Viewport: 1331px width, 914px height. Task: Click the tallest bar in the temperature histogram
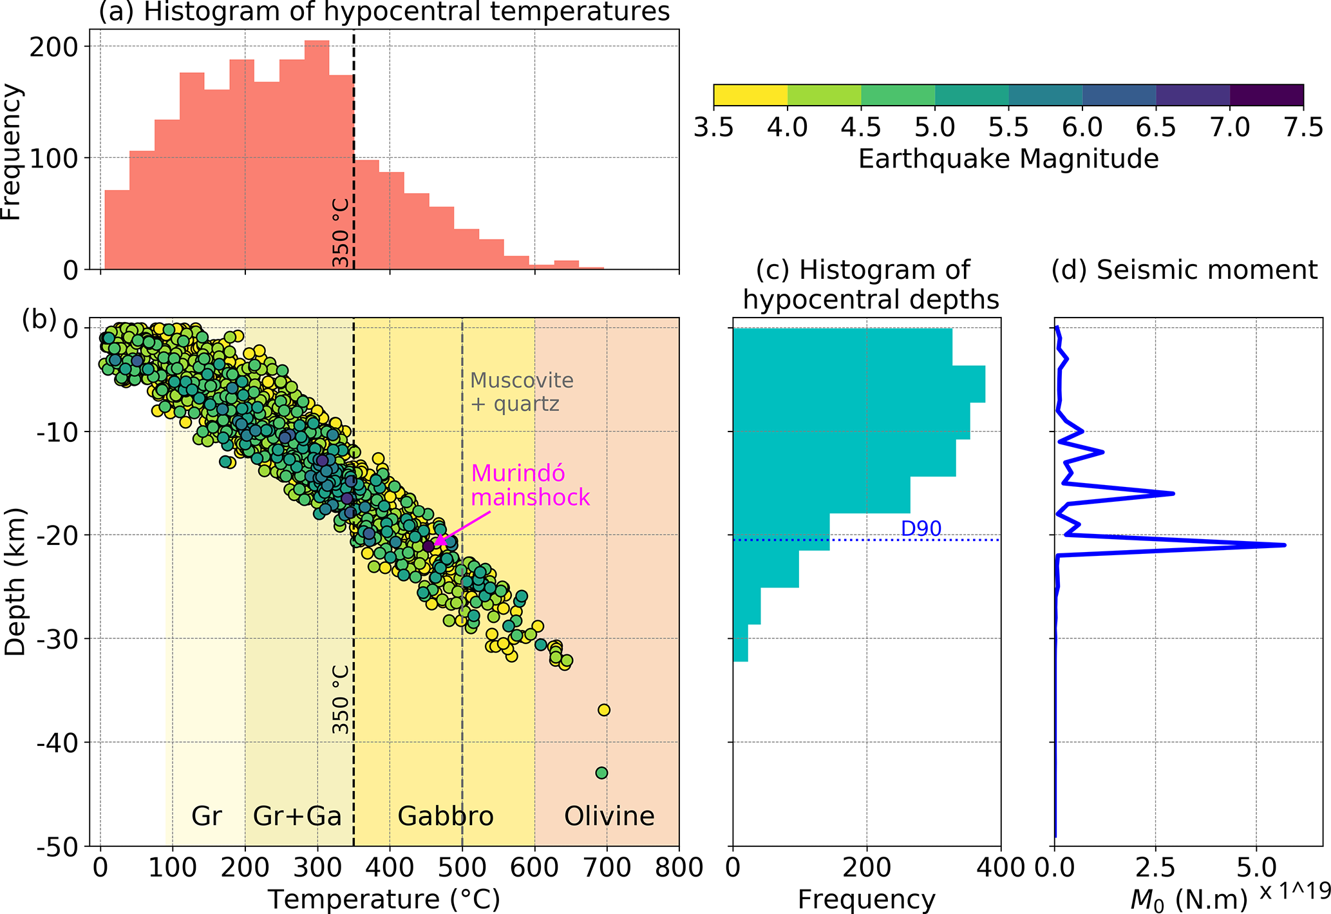pyautogui.click(x=317, y=155)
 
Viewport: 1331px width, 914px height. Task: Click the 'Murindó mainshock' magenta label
pyautogui.click(x=530, y=485)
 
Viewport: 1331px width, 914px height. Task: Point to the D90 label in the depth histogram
pyautogui.click(x=921, y=529)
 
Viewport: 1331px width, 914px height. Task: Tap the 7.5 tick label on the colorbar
pyautogui.click(x=1303, y=128)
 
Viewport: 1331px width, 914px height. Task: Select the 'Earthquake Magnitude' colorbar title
pyautogui.click(x=1008, y=158)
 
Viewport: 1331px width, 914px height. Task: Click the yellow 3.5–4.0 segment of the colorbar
pyautogui.click(x=750, y=95)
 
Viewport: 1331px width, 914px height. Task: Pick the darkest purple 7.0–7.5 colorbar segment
pyautogui.click(x=1267, y=95)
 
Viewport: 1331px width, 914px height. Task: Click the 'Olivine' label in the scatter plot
pyautogui.click(x=609, y=816)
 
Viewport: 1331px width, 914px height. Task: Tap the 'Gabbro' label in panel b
pyautogui.click(x=446, y=816)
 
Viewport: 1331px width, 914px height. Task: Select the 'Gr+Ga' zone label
pyautogui.click(x=297, y=816)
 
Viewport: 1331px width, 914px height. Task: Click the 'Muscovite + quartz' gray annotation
pyautogui.click(x=521, y=392)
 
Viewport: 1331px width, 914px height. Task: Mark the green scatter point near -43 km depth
pyautogui.click(x=601, y=772)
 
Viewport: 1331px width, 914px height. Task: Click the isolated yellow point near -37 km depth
pyautogui.click(x=604, y=710)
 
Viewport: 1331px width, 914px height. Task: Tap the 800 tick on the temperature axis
pyautogui.click(x=679, y=868)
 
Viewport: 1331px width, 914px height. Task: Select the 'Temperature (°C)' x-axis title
pyautogui.click(x=384, y=899)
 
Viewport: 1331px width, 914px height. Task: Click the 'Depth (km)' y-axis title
pyautogui.click(x=15, y=582)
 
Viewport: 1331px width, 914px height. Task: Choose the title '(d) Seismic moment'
pyautogui.click(x=1184, y=270)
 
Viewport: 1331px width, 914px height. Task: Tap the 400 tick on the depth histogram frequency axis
pyautogui.click(x=1001, y=868)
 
